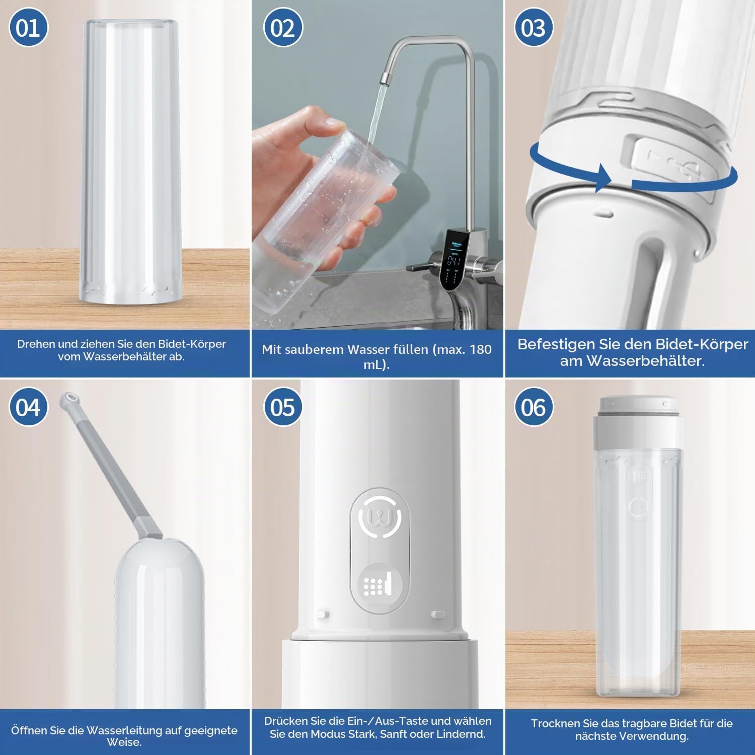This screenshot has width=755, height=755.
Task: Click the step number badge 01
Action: pos(28,28)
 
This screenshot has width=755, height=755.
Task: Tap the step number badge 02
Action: pos(283,28)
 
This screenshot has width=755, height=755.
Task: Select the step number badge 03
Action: pos(534,28)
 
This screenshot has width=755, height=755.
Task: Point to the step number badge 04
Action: pos(28,407)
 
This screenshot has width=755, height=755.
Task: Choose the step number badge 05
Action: pos(283,407)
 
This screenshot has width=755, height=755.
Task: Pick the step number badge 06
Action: pos(534,407)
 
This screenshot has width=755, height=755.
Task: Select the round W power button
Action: pos(380,517)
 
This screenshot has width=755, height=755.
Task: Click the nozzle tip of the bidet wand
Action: pos(69,399)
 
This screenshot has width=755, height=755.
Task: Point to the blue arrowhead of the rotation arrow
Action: pos(602,177)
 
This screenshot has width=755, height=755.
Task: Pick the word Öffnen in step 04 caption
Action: pos(31,730)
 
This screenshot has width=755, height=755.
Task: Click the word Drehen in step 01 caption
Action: pos(36,344)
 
